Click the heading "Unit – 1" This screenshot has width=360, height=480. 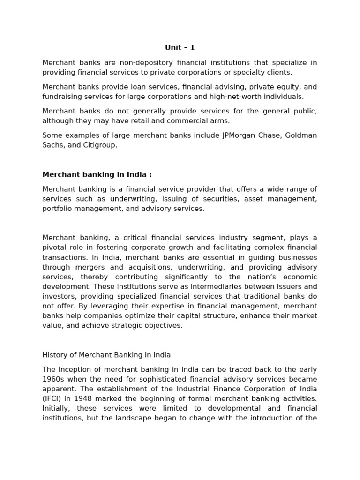pyautogui.click(x=180, y=47)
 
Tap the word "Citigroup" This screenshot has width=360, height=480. pyautogui.click(x=99, y=145)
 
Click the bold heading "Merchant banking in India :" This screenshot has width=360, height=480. pyautogui.click(x=97, y=174)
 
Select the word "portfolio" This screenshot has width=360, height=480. pyautogui.click(x=56, y=209)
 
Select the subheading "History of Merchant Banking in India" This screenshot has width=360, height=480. pyautogui.click(x=106, y=354)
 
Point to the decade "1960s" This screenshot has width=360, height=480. pyautogui.click(x=52, y=379)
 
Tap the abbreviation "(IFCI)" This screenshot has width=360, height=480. pyautogui.click(x=52, y=398)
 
